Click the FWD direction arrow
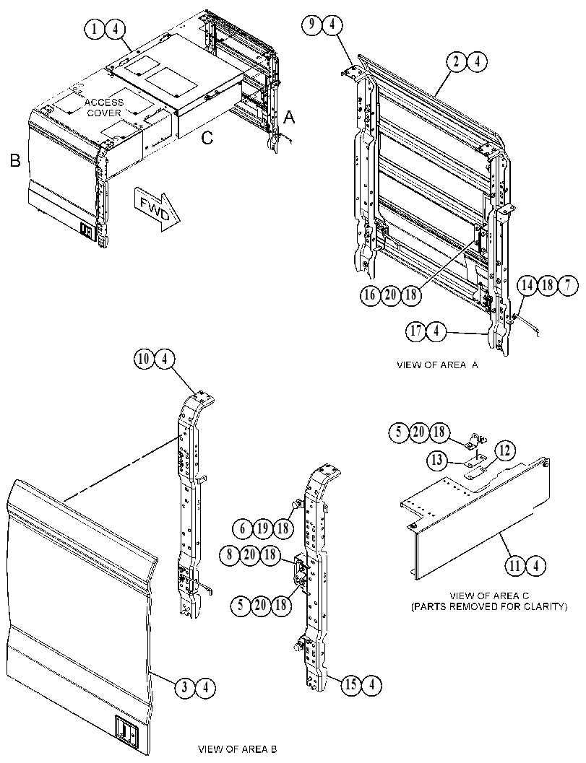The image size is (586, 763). tap(155, 209)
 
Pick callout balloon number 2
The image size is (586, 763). tap(457, 61)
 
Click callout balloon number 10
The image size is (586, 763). tap(144, 359)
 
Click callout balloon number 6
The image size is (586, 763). tap(242, 528)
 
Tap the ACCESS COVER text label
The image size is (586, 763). tap(104, 108)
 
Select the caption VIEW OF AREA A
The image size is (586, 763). tap(437, 365)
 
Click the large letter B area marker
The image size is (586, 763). tap(16, 161)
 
